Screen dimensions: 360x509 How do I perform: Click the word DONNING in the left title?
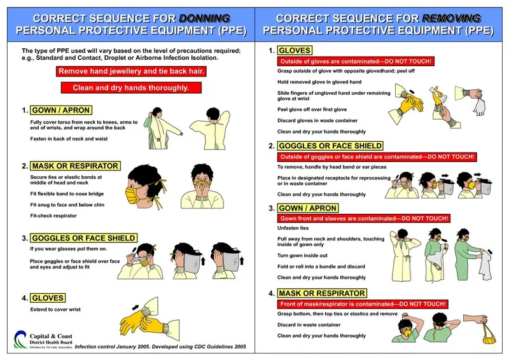click(204, 18)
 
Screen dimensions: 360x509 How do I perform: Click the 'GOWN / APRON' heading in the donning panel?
click(61, 110)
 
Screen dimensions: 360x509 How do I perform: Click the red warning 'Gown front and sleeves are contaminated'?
click(364, 218)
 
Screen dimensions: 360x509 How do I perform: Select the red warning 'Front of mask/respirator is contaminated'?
click(362, 304)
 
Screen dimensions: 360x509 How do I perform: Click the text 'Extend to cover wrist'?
click(56, 310)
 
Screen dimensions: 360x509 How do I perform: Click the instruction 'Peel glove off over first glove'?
click(312, 110)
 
